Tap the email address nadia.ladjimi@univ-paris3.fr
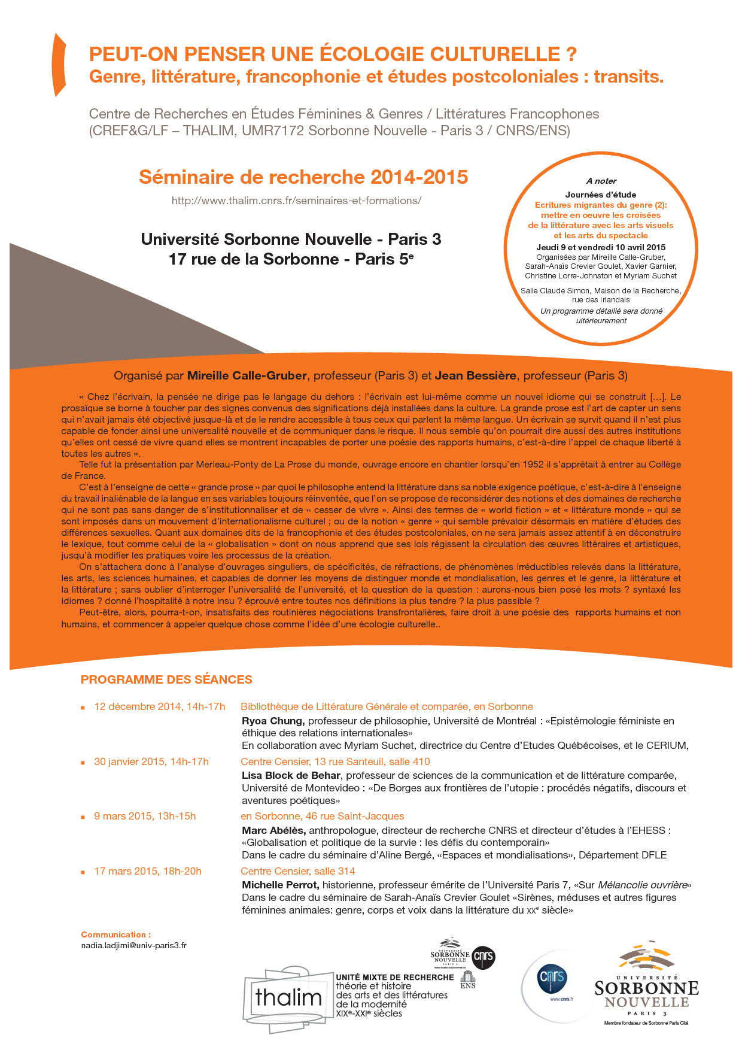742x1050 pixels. click(133, 946)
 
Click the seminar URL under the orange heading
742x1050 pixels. click(296, 201)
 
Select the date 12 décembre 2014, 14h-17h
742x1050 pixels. click(159, 706)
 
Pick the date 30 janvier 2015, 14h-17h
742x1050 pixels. click(151, 761)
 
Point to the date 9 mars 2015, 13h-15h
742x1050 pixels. click(145, 816)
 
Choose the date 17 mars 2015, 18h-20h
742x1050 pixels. click(148, 871)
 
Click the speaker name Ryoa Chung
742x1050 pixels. click(273, 721)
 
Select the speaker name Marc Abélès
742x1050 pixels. click(274, 830)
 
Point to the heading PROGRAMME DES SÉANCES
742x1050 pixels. click(166, 679)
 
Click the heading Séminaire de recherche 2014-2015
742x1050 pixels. click(303, 177)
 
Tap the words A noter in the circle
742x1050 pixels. click(601, 181)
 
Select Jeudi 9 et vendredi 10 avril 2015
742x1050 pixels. click(601, 247)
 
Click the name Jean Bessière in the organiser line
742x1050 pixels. click(475, 376)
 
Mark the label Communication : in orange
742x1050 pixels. click(115, 934)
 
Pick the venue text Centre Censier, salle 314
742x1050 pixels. click(297, 871)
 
